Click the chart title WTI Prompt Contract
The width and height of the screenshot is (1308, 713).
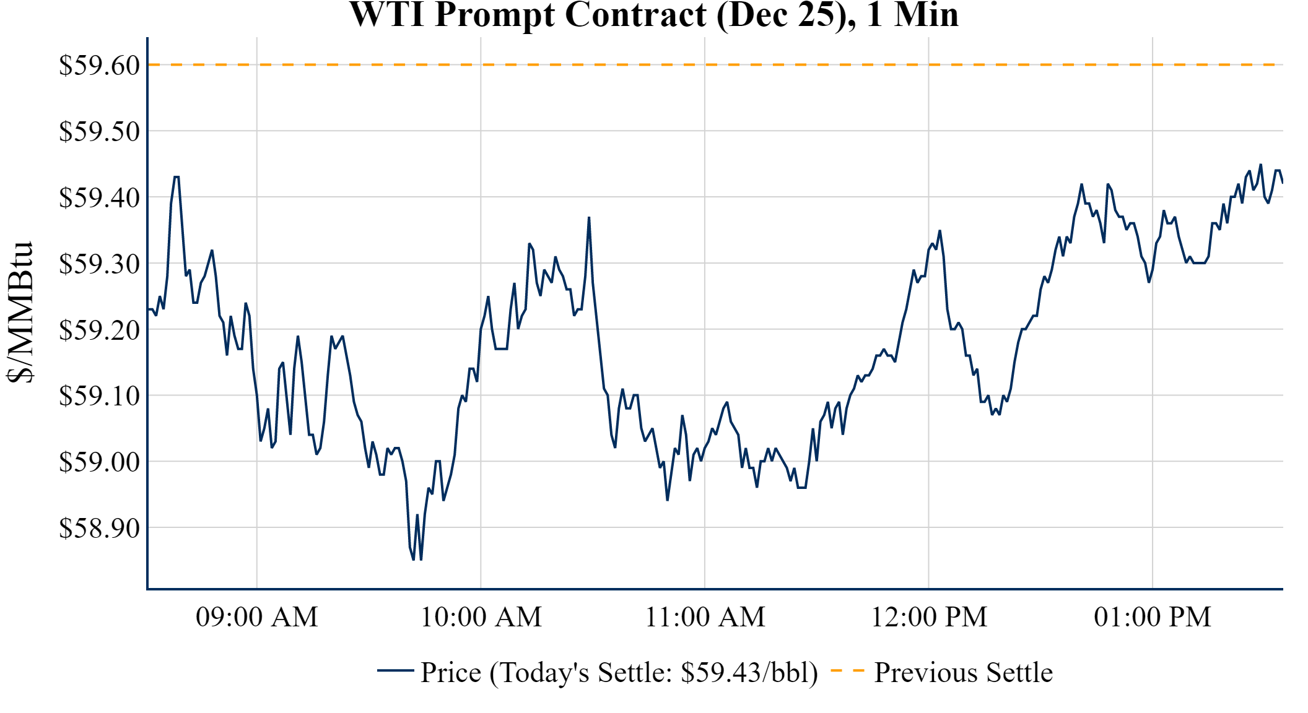tap(654, 15)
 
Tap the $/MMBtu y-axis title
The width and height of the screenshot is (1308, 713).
tap(20, 312)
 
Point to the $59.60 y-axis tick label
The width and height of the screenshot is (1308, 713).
tap(99, 65)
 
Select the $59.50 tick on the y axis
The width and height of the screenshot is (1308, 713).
tap(99, 131)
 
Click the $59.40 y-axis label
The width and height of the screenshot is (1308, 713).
tap(99, 197)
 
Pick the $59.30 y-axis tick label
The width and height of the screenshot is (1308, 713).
tap(99, 264)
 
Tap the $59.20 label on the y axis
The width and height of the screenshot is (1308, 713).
tap(99, 330)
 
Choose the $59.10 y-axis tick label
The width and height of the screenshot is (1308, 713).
tap(99, 395)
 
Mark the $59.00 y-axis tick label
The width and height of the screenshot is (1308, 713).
tap(99, 462)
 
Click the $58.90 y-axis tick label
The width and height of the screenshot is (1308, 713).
tap(99, 528)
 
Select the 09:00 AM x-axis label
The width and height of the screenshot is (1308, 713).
tap(257, 617)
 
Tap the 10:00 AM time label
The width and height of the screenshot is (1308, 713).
tap(481, 617)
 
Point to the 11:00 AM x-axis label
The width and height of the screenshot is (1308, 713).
tap(705, 617)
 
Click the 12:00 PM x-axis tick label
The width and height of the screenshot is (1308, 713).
tap(929, 617)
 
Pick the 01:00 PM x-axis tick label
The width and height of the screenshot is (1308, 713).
tap(1153, 617)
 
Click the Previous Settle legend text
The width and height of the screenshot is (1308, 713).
tap(963, 672)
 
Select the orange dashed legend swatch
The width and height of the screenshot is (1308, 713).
tap(847, 670)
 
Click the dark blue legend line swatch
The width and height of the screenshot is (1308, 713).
tap(395, 670)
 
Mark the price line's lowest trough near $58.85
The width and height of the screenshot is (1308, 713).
tap(414, 559)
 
